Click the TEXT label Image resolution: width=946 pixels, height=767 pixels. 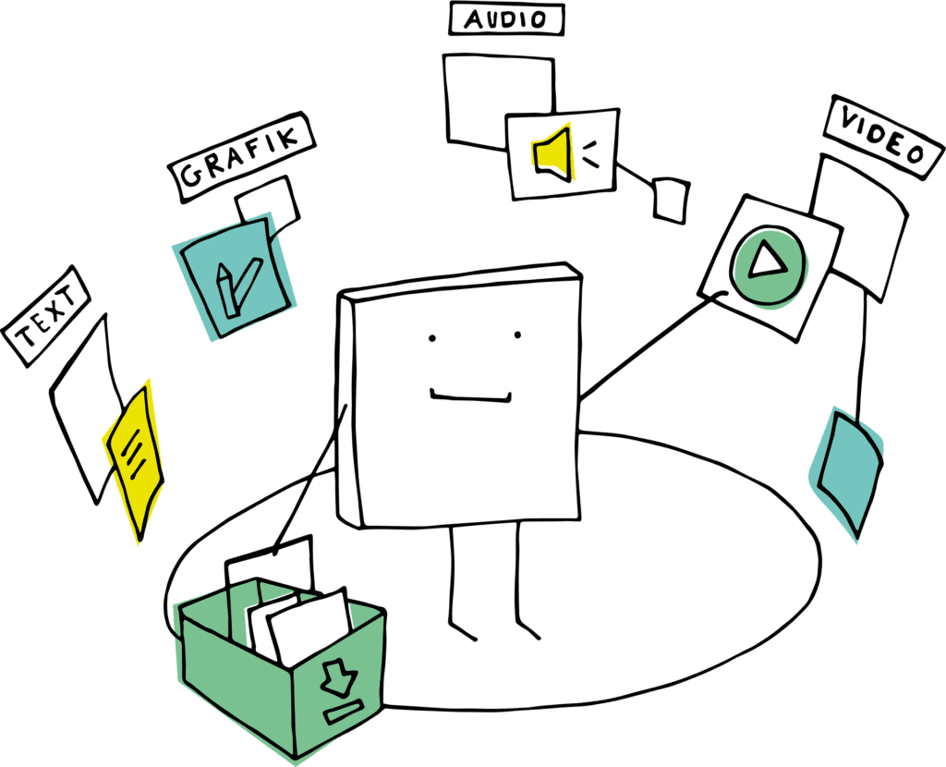(46, 316)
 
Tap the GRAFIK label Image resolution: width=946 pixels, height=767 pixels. (241, 157)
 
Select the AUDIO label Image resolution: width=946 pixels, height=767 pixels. (507, 18)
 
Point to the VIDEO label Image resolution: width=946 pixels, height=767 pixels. (884, 137)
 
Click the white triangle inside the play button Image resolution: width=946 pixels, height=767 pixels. (766, 259)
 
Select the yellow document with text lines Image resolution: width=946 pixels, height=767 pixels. (135, 460)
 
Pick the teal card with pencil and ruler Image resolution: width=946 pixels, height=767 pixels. (236, 276)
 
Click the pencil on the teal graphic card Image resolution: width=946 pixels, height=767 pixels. (227, 289)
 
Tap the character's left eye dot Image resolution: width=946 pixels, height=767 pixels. (432, 338)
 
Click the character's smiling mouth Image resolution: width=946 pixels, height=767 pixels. (470, 396)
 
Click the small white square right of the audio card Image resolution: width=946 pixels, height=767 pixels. (671, 201)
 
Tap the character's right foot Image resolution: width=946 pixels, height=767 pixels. (528, 630)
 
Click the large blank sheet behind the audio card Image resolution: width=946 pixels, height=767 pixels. (498, 100)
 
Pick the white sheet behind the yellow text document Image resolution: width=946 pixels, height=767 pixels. (88, 408)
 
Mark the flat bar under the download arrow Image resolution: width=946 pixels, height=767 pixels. (344, 712)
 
